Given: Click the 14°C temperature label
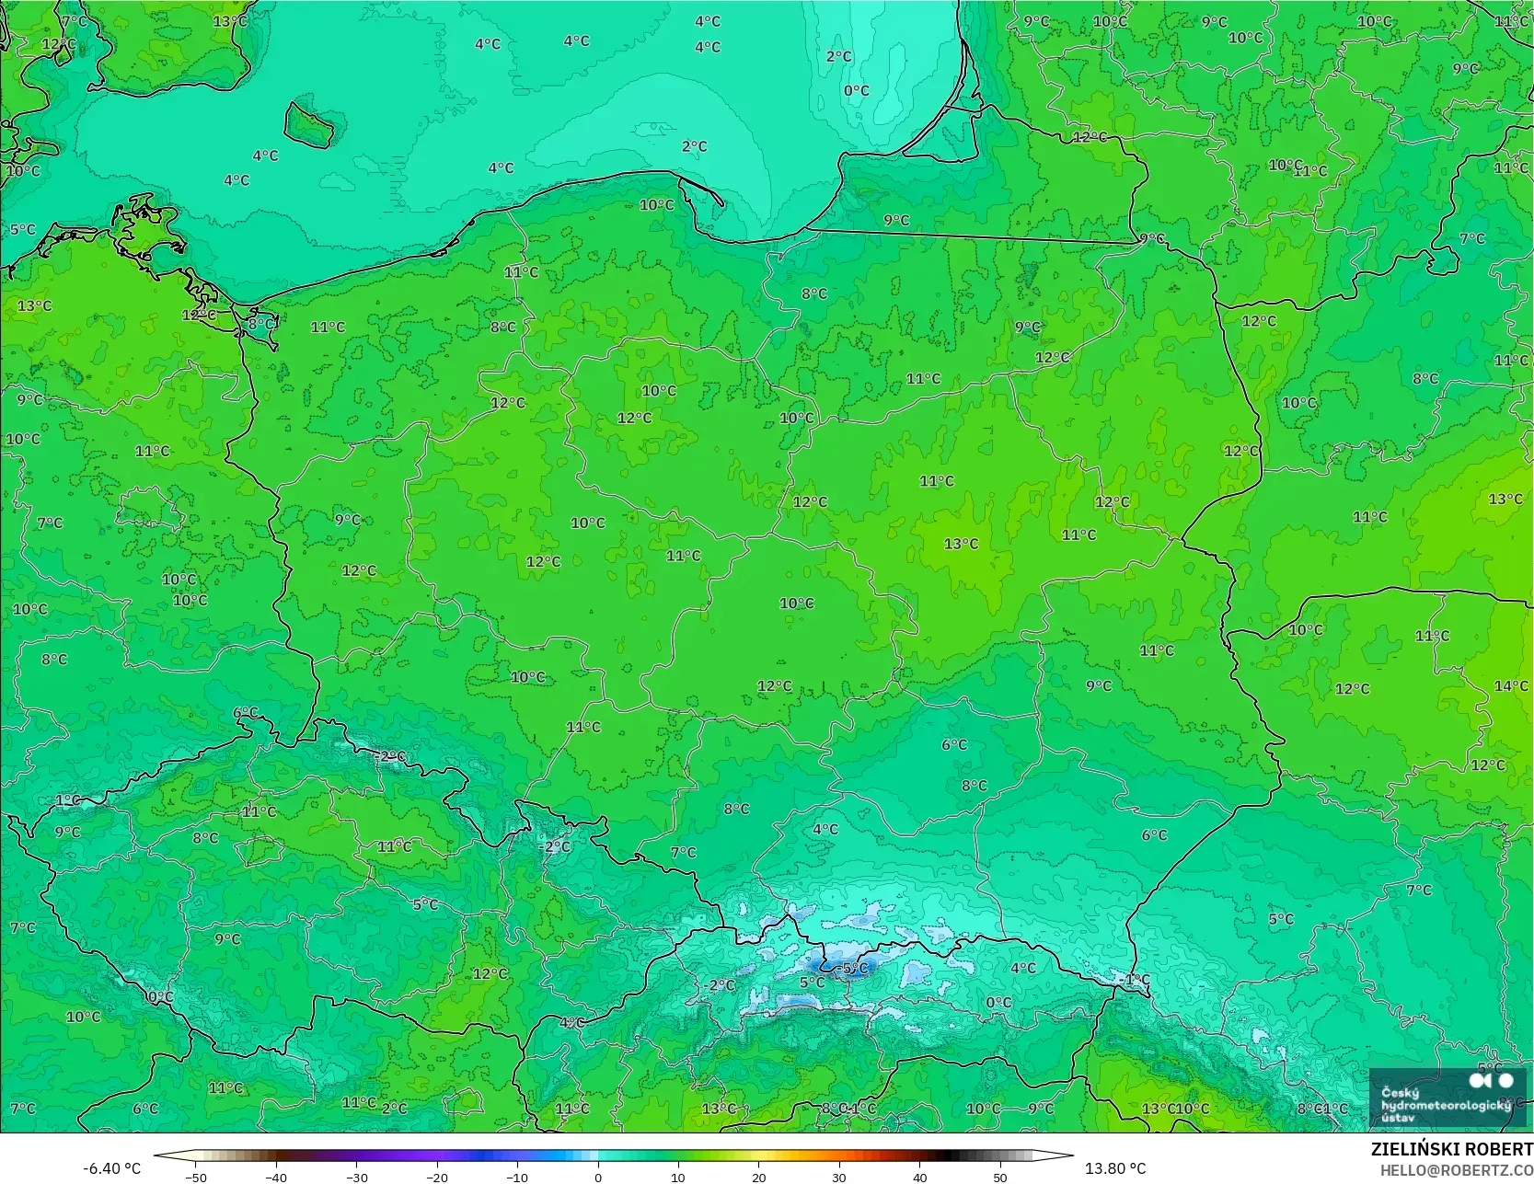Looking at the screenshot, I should (x=1511, y=686).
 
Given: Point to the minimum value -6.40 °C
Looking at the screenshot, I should (x=111, y=1168).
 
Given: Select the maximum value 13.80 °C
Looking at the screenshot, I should (x=1115, y=1168).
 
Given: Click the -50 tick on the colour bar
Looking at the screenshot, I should (x=195, y=1177).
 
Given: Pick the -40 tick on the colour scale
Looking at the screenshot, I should (x=276, y=1177).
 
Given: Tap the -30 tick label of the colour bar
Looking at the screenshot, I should (x=356, y=1177).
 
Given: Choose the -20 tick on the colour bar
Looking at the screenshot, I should (x=437, y=1177).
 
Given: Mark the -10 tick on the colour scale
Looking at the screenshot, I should (x=517, y=1177).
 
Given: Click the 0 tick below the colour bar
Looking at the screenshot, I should (x=598, y=1177).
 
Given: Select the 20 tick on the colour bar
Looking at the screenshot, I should (x=758, y=1177).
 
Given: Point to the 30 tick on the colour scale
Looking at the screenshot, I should (x=839, y=1177).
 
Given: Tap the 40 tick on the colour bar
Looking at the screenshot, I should (x=919, y=1177).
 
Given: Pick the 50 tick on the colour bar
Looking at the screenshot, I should (x=999, y=1177).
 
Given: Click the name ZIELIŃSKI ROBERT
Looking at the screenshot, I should (x=1451, y=1149).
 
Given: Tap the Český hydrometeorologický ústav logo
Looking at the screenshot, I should (x=1447, y=1098).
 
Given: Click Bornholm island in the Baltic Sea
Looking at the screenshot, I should (x=307, y=123).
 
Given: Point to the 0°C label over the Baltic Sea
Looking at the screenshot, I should (x=857, y=91).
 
